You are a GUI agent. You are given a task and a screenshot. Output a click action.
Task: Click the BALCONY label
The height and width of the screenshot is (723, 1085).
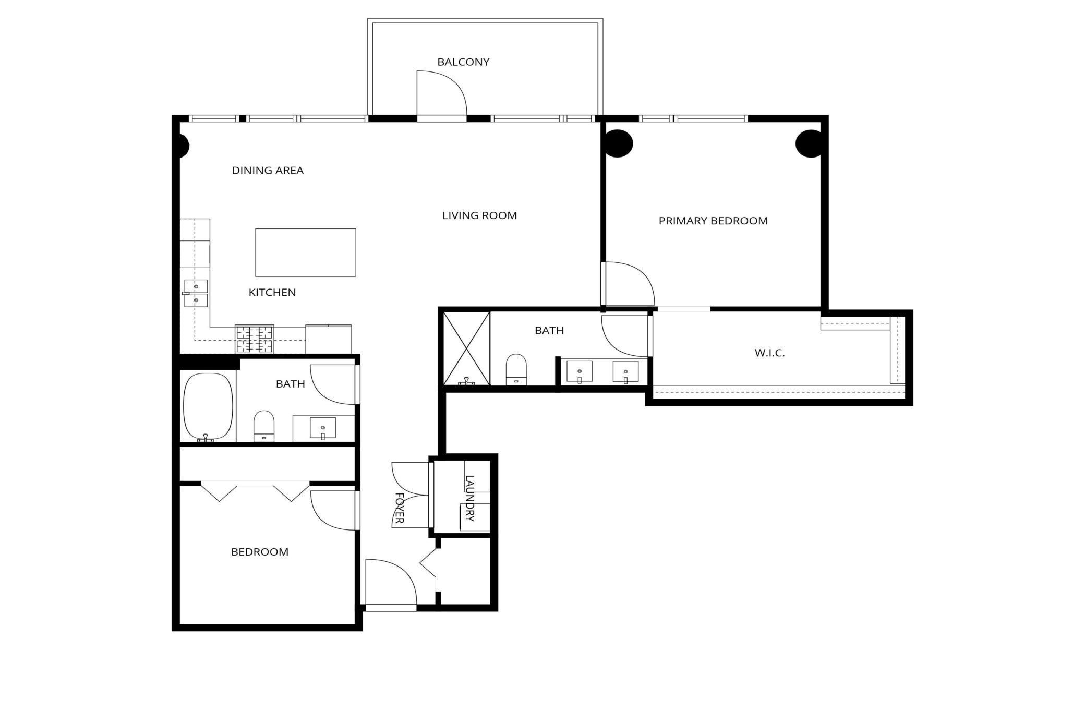click(463, 62)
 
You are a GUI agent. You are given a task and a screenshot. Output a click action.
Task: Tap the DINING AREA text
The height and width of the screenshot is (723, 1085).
click(268, 171)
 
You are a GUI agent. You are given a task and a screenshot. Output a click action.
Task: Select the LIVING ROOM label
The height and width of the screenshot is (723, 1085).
click(479, 215)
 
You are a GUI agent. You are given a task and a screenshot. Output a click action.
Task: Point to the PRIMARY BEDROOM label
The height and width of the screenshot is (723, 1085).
click(713, 221)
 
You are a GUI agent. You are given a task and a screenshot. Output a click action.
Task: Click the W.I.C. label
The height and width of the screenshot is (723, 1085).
click(769, 353)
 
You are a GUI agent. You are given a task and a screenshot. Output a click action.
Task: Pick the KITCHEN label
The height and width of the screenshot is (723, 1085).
click(272, 293)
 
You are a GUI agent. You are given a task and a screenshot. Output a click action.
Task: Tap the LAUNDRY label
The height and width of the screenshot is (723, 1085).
click(469, 498)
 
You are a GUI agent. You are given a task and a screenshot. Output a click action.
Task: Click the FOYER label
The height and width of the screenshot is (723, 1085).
click(400, 508)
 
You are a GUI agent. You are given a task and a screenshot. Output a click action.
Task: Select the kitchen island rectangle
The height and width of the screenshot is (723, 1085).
click(306, 252)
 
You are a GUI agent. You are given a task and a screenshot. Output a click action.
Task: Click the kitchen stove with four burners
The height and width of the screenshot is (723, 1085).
click(254, 339)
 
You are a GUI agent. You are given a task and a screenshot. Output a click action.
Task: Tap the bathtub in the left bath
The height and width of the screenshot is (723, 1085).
click(208, 406)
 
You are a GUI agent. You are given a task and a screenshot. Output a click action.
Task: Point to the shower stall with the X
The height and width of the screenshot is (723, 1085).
click(466, 348)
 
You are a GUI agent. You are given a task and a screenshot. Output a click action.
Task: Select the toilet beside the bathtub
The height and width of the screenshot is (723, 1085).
click(264, 425)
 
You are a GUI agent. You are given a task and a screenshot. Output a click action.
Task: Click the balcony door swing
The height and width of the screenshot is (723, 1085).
click(441, 93)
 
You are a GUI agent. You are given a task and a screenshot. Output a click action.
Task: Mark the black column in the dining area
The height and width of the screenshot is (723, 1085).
click(183, 147)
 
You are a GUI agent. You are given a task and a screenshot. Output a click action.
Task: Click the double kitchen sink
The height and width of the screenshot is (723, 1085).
click(196, 293)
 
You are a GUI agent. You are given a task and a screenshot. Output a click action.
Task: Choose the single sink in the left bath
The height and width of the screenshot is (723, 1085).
click(323, 428)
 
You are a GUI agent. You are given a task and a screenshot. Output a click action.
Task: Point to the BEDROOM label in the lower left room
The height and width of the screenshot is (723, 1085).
click(260, 552)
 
